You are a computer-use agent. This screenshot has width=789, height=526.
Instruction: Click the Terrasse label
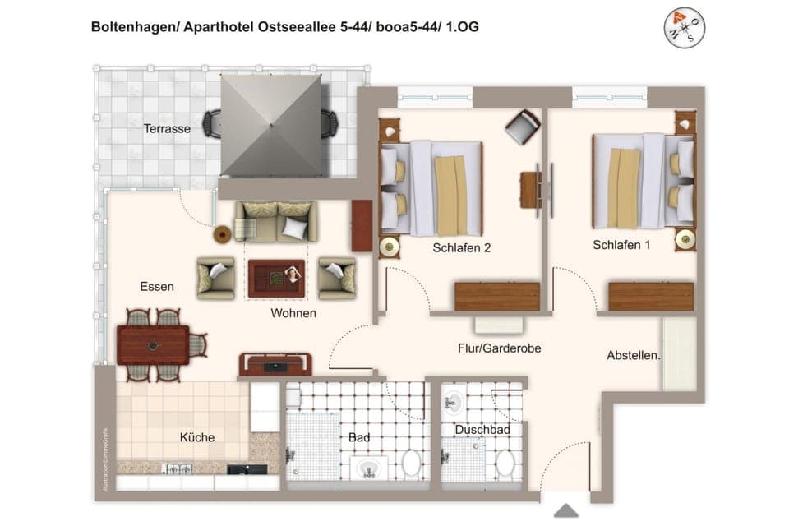(x=167, y=129)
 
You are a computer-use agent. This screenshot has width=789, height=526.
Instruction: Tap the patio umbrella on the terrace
(x=271, y=124)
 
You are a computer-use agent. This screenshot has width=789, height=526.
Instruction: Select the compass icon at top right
(x=684, y=28)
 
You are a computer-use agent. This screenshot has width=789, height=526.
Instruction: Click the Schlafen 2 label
(x=461, y=247)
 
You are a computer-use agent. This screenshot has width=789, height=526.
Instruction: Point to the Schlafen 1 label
(x=621, y=245)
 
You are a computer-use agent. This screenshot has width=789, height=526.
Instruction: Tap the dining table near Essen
(x=153, y=344)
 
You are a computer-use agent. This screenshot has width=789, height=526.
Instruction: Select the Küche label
(x=196, y=437)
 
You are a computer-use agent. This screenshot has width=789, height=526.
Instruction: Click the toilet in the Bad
(x=411, y=464)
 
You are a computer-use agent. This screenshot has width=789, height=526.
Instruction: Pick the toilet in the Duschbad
(x=504, y=462)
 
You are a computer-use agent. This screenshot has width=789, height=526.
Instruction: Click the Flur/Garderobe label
(x=499, y=348)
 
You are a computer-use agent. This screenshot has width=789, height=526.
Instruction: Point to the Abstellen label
(x=634, y=355)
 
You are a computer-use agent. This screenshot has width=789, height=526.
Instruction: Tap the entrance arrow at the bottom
(x=565, y=511)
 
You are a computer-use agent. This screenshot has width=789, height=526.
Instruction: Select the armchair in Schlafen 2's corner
(x=523, y=127)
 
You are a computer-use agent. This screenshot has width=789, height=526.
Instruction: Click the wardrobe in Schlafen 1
(x=650, y=296)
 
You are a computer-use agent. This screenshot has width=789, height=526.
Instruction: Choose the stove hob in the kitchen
(x=179, y=469)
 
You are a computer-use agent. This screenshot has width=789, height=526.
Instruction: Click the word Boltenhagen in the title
(x=131, y=27)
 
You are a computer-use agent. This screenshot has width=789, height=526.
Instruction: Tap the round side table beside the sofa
(x=223, y=235)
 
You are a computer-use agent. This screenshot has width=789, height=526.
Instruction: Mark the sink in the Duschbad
(x=453, y=403)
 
